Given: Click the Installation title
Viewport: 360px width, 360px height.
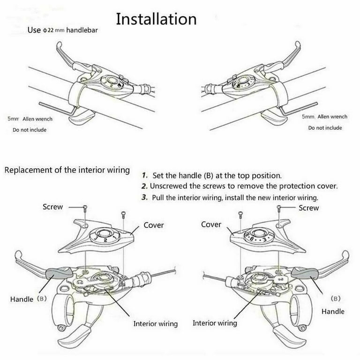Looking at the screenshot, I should [x=156, y=19].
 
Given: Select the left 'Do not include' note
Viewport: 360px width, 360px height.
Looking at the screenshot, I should [x=30, y=130].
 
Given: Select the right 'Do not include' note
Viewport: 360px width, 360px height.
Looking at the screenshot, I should [x=325, y=127].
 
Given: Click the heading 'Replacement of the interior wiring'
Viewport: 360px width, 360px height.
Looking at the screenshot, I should [x=67, y=170].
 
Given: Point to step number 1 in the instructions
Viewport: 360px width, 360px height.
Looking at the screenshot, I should [x=145, y=176].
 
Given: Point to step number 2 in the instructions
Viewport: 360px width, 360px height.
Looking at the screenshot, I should [x=145, y=186].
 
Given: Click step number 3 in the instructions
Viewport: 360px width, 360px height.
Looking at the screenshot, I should [x=145, y=197].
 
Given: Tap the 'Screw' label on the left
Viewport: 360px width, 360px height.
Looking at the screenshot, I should [x=52, y=207].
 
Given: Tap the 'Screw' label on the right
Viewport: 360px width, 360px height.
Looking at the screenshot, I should [x=308, y=208].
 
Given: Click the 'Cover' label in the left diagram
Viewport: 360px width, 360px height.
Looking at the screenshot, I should [x=154, y=225].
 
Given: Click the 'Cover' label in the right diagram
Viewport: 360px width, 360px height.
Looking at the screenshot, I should [x=211, y=225].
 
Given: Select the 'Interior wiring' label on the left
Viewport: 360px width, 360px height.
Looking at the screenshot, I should [x=156, y=323].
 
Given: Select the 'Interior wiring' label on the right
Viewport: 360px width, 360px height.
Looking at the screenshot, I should [x=215, y=323].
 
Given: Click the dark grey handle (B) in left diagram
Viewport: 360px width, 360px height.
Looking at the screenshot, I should [x=58, y=271].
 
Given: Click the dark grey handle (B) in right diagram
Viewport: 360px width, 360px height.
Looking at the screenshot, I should [x=302, y=271].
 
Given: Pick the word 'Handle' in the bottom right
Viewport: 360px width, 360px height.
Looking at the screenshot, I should [x=332, y=311].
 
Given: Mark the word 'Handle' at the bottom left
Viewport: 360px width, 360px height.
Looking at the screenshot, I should [x=22, y=299].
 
